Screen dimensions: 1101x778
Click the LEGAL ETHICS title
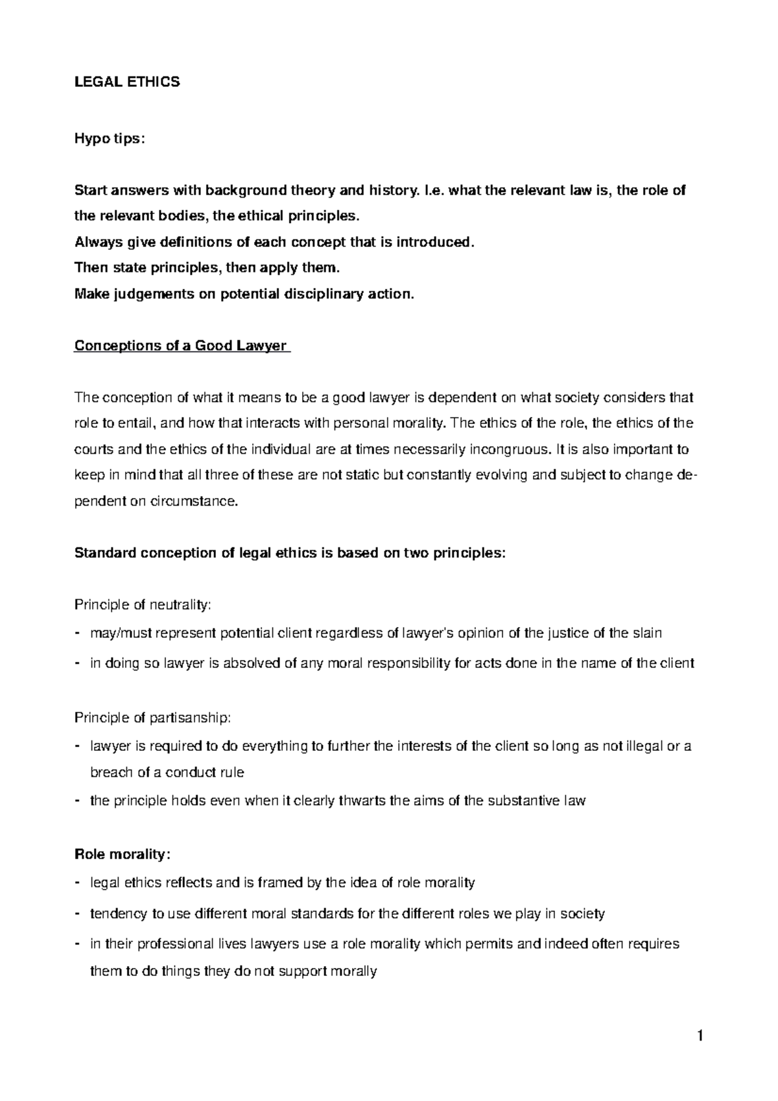point(127,82)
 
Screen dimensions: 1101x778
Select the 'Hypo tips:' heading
point(106,139)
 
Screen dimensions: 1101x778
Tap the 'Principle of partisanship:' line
point(152,718)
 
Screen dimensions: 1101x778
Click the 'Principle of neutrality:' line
point(143,605)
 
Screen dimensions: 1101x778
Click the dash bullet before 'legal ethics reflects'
point(78,882)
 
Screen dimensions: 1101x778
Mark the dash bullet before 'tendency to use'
point(78,914)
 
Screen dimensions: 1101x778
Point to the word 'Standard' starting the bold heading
point(104,553)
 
